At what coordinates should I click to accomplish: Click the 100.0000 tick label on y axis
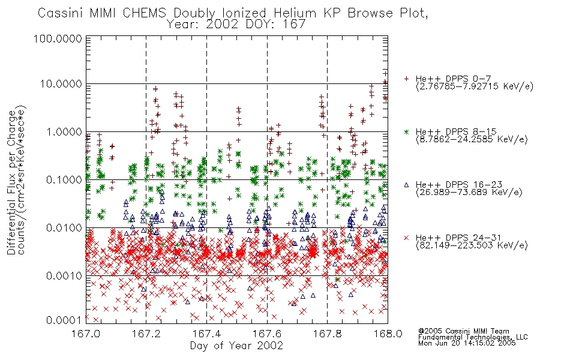point(58,38)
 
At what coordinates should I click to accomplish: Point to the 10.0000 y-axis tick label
point(61,84)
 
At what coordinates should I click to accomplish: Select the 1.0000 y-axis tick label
point(64,131)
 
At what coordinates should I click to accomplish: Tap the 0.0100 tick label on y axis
point(64,228)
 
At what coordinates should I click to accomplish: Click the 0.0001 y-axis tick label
point(64,320)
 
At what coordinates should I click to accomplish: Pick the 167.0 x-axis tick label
point(86,334)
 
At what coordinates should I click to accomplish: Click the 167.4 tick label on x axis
point(206,334)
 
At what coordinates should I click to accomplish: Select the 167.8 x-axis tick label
point(327,334)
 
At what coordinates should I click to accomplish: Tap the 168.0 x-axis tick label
point(388,334)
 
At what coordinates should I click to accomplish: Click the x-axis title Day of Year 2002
point(236,346)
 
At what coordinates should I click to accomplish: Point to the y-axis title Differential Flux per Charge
point(11,182)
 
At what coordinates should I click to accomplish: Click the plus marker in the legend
point(406,79)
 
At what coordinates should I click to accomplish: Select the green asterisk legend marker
point(406,131)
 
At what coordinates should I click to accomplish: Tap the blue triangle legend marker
point(406,185)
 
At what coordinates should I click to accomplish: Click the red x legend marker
point(406,238)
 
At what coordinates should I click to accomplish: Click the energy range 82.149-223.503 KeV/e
point(472,245)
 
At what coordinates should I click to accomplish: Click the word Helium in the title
point(295,13)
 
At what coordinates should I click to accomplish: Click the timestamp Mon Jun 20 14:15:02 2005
point(467,343)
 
